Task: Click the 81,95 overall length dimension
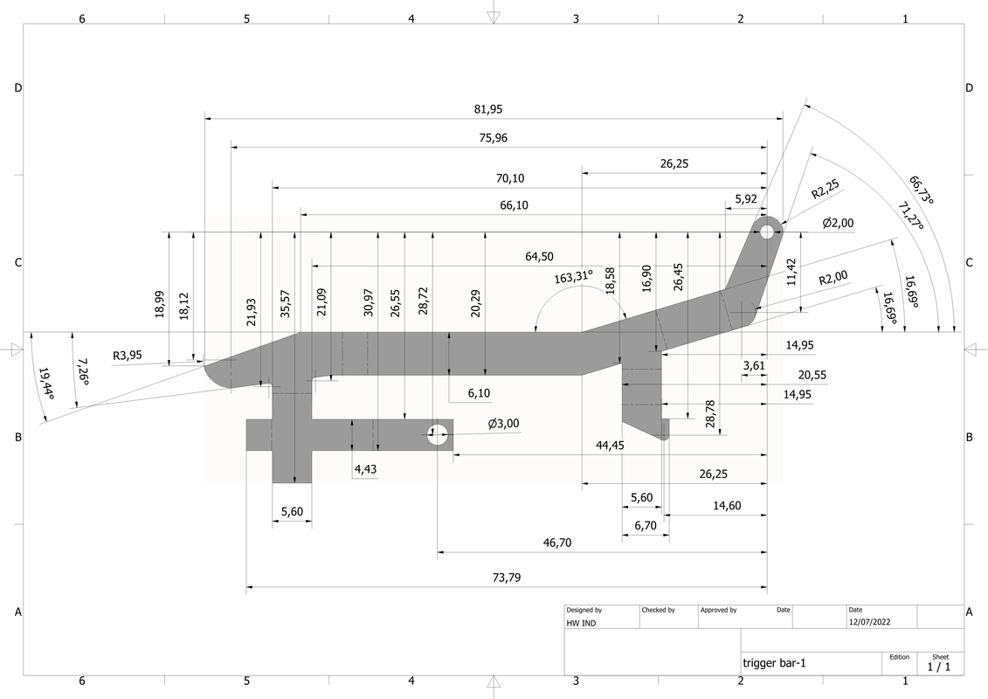click(488, 109)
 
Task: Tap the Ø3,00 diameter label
click(503, 424)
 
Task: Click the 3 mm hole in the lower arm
click(439, 433)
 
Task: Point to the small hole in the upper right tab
click(768, 232)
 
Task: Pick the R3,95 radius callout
click(127, 356)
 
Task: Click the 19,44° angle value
click(45, 384)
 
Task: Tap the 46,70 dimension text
click(556, 543)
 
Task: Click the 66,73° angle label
click(921, 190)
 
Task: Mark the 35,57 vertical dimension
click(287, 302)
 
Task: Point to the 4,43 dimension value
click(366, 470)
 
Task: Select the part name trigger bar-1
click(774, 663)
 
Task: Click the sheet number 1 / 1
click(939, 667)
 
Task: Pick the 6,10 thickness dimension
click(478, 394)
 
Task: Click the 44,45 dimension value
click(610, 446)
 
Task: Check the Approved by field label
click(718, 610)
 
